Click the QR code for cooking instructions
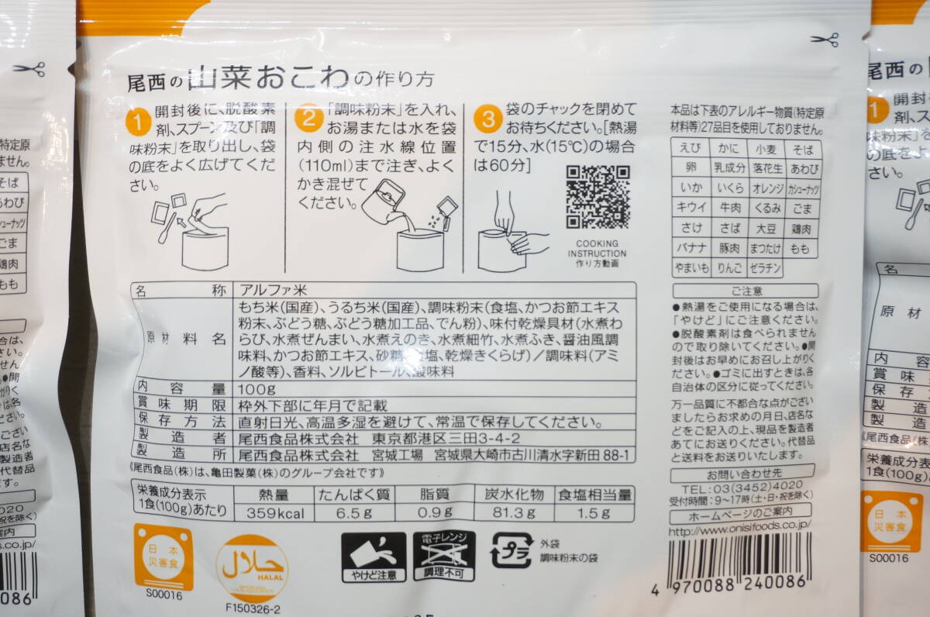pos(598,197)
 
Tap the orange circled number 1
pos(137,122)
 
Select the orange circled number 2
pos(308,118)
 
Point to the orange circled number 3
pos(487,119)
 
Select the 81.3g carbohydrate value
pos(515,512)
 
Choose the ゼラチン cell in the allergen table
pos(764,268)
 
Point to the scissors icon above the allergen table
pos(825,40)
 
